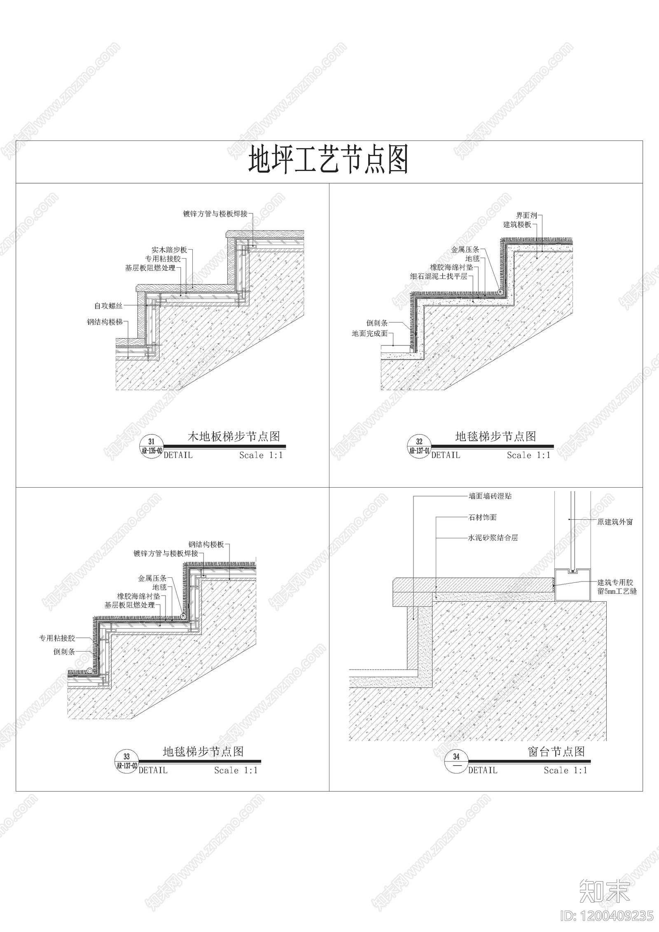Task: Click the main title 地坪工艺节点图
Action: (x=328, y=159)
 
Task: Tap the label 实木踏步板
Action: (x=169, y=250)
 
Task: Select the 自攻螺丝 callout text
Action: (x=108, y=306)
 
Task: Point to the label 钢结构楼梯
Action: (x=105, y=322)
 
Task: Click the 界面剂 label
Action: (x=527, y=215)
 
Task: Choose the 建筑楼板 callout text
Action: (x=517, y=224)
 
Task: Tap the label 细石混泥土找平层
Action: (x=439, y=276)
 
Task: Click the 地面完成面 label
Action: (x=369, y=334)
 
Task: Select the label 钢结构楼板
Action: (x=206, y=544)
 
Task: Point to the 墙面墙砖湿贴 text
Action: (x=490, y=496)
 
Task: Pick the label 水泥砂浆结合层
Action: (x=493, y=537)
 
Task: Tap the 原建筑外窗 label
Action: (x=615, y=522)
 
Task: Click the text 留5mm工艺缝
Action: (x=617, y=591)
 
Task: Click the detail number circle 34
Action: (x=456, y=761)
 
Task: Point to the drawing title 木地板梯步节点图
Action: (x=234, y=437)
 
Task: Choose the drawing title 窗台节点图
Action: (x=556, y=752)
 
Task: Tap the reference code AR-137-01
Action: (x=419, y=451)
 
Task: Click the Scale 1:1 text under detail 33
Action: (x=236, y=770)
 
